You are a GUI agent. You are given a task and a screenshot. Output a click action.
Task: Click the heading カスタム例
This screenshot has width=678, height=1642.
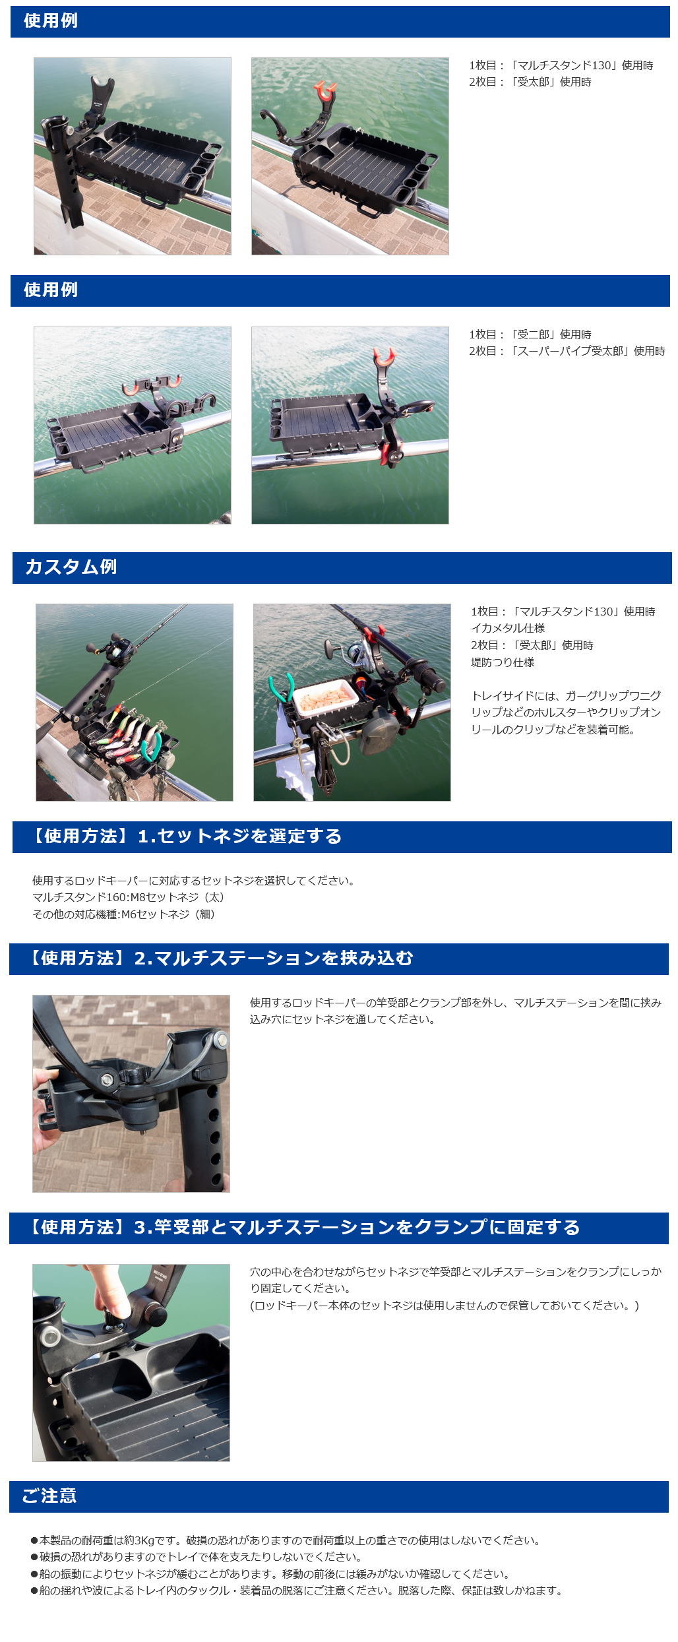(71, 567)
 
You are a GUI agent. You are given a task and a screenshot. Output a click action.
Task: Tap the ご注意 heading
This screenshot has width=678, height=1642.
(49, 1496)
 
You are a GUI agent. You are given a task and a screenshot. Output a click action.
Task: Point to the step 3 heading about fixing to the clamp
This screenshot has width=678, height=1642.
(301, 1227)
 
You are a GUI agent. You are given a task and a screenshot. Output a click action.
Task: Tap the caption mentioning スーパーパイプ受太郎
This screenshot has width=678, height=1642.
(567, 351)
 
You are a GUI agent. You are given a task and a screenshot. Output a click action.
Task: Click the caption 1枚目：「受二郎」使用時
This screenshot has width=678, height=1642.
(530, 334)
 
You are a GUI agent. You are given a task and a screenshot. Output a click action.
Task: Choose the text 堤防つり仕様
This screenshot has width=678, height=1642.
(503, 662)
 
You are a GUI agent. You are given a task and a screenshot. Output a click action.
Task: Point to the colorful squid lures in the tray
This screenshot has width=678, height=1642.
(132, 734)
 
